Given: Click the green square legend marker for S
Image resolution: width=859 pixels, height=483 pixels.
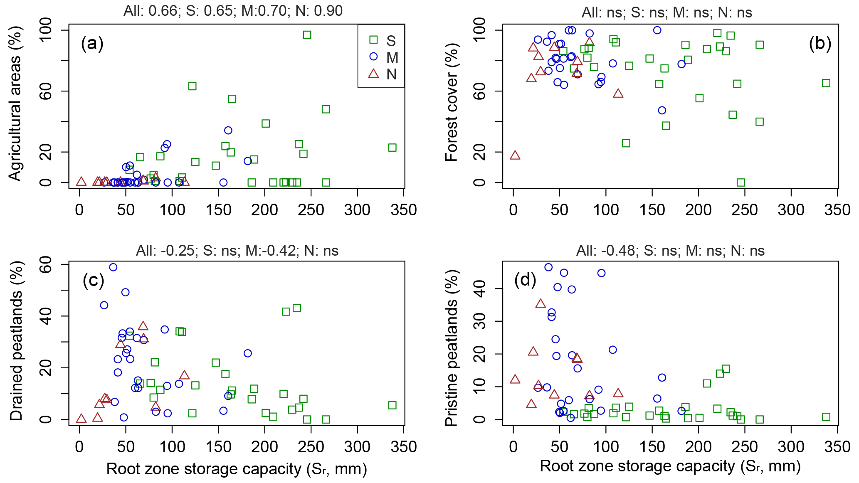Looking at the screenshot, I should (x=373, y=40).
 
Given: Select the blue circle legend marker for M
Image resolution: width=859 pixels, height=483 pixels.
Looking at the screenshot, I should (x=373, y=57).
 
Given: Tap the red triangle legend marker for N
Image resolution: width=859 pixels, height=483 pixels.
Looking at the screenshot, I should (x=373, y=74).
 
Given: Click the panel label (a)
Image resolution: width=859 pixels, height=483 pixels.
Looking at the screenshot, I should (x=92, y=43).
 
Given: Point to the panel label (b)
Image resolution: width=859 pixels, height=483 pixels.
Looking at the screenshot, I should (x=820, y=43).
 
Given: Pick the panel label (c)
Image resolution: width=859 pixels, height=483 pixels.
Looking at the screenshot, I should (x=93, y=280).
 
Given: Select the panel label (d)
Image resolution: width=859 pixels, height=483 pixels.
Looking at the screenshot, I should (x=525, y=280).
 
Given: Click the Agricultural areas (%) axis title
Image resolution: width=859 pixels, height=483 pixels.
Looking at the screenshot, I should (x=15, y=104).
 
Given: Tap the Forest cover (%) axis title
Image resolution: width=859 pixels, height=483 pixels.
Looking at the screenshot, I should (x=451, y=102).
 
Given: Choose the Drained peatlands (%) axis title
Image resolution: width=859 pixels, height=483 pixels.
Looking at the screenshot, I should (x=16, y=341).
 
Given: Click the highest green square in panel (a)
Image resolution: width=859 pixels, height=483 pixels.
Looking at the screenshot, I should (x=307, y=35).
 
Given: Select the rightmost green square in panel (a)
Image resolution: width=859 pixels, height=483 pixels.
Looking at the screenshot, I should (x=392, y=148).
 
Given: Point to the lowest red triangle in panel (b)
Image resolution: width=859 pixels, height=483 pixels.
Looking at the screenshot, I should (x=515, y=155).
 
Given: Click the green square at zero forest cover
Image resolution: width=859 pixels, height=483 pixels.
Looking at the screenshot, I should (x=741, y=182).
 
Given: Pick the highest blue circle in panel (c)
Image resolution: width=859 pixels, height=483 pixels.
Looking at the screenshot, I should (x=113, y=267).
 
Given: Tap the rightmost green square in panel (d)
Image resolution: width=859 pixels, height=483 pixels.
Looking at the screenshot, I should (x=826, y=417).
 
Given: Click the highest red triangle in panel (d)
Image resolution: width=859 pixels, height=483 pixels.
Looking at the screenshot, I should (x=541, y=303).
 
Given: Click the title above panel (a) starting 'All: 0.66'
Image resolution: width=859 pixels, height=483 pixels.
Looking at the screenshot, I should (x=233, y=11).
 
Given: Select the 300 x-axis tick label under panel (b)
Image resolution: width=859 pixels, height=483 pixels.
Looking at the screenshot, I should (x=791, y=210).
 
